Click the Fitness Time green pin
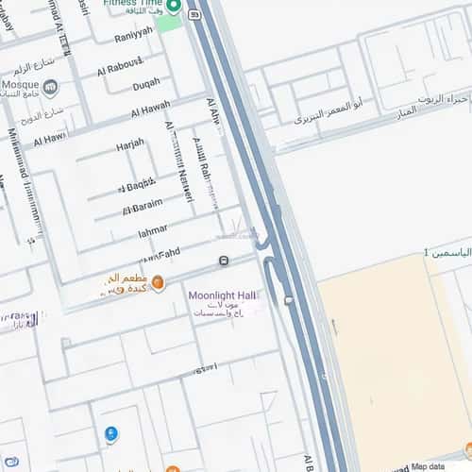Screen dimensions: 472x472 pos(174,7)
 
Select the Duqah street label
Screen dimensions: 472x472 pos(146,84)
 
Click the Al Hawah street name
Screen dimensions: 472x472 pos(151,109)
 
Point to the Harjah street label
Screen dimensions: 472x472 pos(130,147)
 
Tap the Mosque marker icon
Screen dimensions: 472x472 pos(50,88)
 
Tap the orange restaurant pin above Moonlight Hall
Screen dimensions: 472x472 pos(158,281)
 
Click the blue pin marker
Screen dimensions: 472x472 pos(111,434)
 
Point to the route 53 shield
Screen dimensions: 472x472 pos(194,14)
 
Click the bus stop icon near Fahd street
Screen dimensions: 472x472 pos(224,261)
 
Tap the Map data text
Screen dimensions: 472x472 pos(433,465)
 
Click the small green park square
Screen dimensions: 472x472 pos(169,22)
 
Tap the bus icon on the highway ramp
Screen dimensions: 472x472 pos(288,300)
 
